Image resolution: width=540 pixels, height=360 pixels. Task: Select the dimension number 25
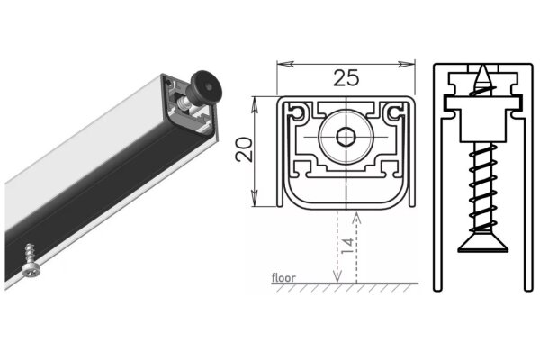[346, 77]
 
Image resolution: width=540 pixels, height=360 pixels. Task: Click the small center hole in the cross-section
[346, 138]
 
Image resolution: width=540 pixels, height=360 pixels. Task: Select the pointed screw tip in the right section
[478, 72]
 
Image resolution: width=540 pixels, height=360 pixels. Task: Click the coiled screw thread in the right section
[478, 189]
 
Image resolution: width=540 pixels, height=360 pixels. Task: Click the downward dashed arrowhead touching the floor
[337, 279]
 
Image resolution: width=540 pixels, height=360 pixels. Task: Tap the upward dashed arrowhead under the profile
[356, 214]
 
